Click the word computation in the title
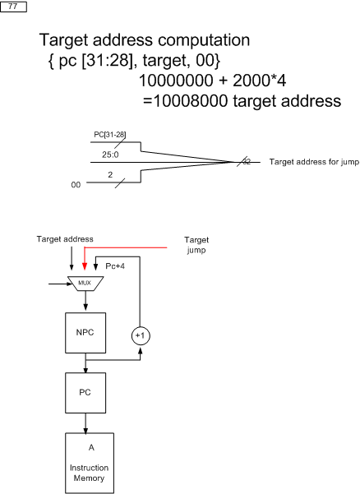click(x=204, y=40)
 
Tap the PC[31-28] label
click(x=110, y=135)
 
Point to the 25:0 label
click(x=110, y=155)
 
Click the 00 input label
click(x=76, y=185)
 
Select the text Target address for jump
click(x=314, y=162)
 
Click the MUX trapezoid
click(x=85, y=284)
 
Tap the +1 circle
click(x=141, y=336)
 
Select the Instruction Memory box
click(x=90, y=463)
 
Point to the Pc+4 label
click(x=115, y=266)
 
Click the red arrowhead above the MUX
click(x=84, y=266)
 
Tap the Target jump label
click(x=196, y=245)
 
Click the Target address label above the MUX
click(x=65, y=239)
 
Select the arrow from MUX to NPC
click(x=85, y=301)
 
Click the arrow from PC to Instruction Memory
click(x=85, y=423)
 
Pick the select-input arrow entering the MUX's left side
click(x=61, y=284)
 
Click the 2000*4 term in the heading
click(x=259, y=81)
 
